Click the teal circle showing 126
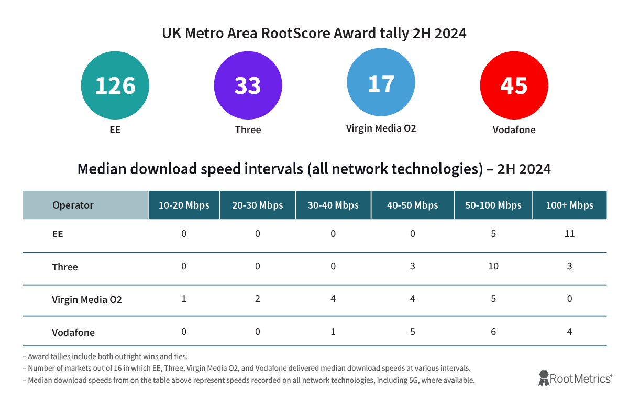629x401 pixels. tap(115, 85)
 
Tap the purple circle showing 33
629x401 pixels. tap(248, 85)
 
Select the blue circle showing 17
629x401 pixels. tap(381, 83)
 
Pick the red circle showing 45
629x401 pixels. tap(514, 85)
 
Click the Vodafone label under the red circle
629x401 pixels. tap(514, 130)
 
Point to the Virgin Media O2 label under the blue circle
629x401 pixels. tap(381, 128)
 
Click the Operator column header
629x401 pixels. tap(73, 205)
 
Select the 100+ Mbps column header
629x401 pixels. tap(569, 205)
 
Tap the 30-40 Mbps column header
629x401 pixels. tap(333, 205)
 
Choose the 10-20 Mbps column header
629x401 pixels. tap(184, 205)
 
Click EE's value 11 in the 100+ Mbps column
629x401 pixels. tap(569, 234)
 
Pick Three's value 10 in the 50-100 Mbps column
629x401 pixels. tap(493, 266)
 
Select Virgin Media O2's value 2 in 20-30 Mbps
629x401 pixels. tap(258, 299)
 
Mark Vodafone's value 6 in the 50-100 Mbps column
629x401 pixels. tap(493, 332)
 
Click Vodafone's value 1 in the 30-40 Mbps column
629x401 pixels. tap(333, 332)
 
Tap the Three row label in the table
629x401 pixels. tap(65, 267)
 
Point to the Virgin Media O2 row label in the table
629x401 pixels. tap(87, 300)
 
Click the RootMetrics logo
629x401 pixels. tap(575, 378)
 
